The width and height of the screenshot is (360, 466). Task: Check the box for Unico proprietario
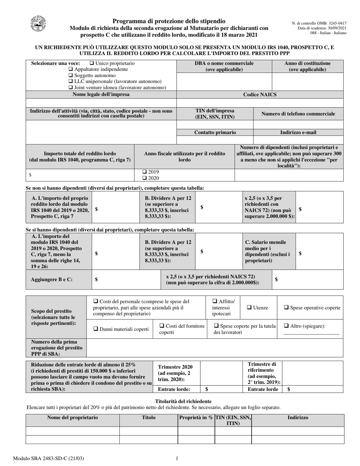pyautogui.click(x=91, y=63)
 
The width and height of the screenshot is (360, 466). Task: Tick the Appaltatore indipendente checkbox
pyautogui.click(x=70, y=69)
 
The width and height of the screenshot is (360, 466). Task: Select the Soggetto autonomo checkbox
pyautogui.click(x=70, y=75)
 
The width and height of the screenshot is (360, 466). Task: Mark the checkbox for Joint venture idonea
pyautogui.click(x=70, y=88)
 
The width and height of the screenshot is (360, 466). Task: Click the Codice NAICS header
pyautogui.click(x=260, y=95)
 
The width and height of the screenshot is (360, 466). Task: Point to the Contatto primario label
pyautogui.click(x=215, y=133)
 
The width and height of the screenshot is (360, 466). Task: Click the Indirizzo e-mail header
pyautogui.click(x=298, y=133)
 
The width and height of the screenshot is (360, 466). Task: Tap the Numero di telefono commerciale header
pyautogui.click(x=298, y=114)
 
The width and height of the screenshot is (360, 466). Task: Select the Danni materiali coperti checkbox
pyautogui.click(x=95, y=329)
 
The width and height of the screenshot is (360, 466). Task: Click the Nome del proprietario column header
pyautogui.click(x=72, y=418)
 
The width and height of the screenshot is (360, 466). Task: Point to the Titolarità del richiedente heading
pyautogui.click(x=183, y=401)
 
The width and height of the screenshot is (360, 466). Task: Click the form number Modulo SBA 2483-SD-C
pyautogui.click(x=49, y=459)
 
